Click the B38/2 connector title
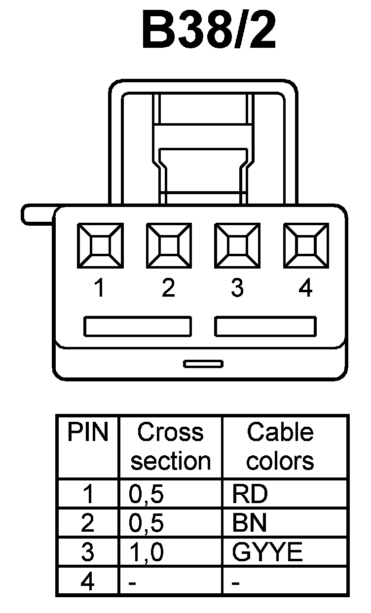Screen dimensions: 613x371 209,31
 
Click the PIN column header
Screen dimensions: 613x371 87,433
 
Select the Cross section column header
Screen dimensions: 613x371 170,446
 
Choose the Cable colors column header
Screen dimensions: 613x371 280,446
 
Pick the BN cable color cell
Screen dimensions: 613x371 249,524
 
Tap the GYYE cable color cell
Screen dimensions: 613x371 267,553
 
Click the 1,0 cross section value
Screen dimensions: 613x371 146,553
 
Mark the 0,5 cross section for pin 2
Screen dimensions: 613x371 146,524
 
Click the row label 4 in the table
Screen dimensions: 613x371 87,582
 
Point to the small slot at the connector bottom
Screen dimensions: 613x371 203,364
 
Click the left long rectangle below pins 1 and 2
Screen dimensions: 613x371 138,326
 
